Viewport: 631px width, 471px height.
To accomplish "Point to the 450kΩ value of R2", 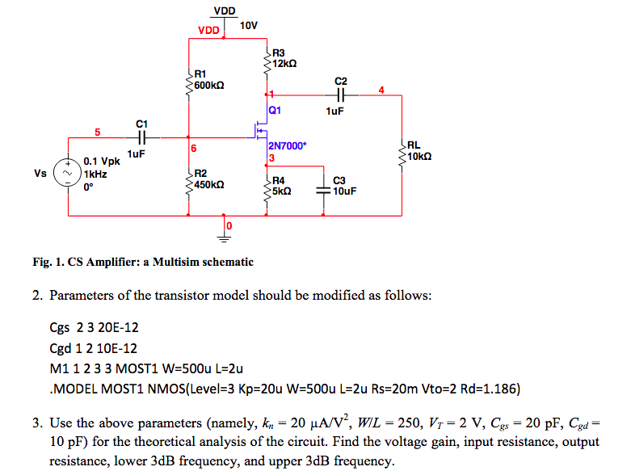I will pyautogui.click(x=209, y=185).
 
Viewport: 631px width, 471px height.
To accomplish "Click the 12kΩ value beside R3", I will pyautogui.click(x=285, y=64).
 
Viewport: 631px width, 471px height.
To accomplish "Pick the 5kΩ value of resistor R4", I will pyautogui.click(x=281, y=191).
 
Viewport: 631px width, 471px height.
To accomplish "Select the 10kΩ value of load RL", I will pyautogui.click(x=425, y=157).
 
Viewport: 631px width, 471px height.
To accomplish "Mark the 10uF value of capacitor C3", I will pyautogui.click(x=344, y=191).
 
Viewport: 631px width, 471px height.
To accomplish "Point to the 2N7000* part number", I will pyautogui.click(x=287, y=146).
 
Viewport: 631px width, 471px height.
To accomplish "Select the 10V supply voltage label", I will pyautogui.click(x=249, y=26).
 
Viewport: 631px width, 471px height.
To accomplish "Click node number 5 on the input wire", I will pyautogui.click(x=98, y=130).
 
